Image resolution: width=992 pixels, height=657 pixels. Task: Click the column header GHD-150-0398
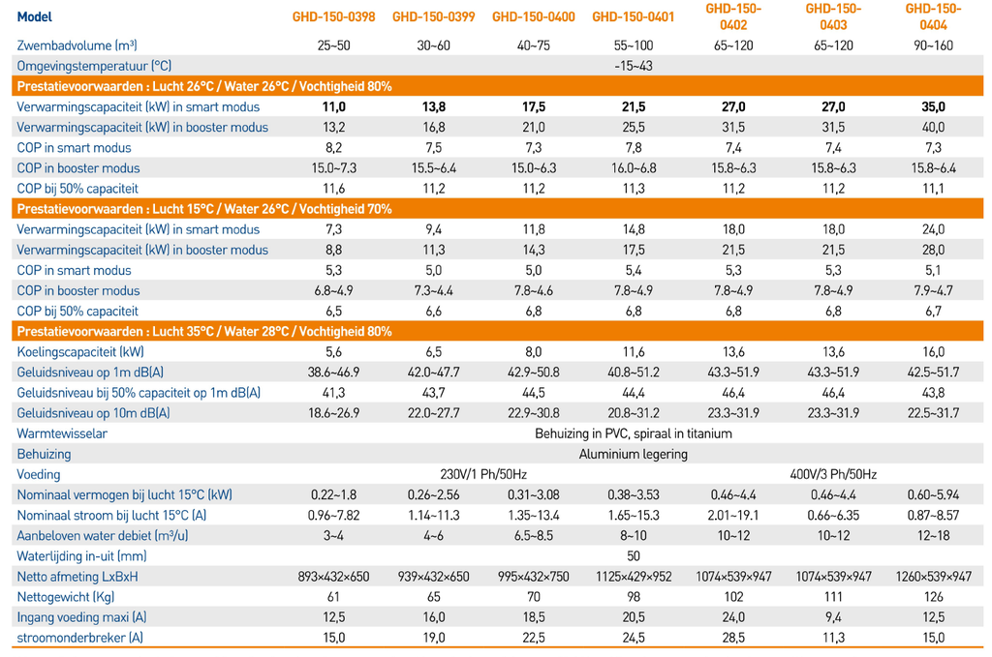click(x=333, y=16)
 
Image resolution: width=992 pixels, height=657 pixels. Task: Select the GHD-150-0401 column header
click(x=633, y=16)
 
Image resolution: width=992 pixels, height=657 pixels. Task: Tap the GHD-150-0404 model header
click(x=933, y=16)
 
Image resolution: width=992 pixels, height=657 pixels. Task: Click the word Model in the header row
click(x=35, y=16)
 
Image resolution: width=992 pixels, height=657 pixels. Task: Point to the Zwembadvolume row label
click(x=76, y=45)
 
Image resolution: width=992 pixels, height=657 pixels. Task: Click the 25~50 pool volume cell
click(x=333, y=45)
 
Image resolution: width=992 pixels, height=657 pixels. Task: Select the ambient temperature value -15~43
click(x=633, y=66)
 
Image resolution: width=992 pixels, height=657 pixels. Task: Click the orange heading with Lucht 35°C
click(x=204, y=331)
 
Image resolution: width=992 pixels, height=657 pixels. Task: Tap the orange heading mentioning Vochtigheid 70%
click(x=204, y=209)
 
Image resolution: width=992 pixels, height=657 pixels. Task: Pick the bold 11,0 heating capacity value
click(x=333, y=106)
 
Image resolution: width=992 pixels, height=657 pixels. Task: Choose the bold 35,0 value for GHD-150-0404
click(x=933, y=106)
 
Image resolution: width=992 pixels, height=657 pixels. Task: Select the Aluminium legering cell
click(x=634, y=454)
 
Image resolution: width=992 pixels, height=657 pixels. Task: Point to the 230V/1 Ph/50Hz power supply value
click(x=483, y=474)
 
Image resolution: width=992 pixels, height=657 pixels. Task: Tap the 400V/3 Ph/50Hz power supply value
click(x=833, y=474)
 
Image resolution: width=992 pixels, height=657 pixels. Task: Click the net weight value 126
click(x=933, y=597)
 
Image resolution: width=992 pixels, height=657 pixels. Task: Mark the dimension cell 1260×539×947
click(x=933, y=577)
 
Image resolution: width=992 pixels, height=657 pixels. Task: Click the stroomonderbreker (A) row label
click(x=79, y=638)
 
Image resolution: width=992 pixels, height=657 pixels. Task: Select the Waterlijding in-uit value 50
click(x=634, y=556)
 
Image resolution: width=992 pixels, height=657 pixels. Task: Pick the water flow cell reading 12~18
click(x=933, y=536)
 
